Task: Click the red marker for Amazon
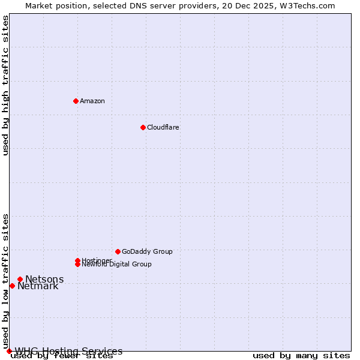76,101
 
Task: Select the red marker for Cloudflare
143,127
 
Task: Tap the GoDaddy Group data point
118,251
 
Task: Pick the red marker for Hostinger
77,260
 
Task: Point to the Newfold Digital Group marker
77,265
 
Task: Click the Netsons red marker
20,279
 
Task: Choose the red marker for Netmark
12,286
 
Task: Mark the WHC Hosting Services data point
9,351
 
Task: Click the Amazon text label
92,101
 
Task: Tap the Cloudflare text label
163,127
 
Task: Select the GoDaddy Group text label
147,251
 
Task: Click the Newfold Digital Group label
117,265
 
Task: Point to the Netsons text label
44,279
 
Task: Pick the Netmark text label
38,286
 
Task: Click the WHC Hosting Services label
68,351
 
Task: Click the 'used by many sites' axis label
301,356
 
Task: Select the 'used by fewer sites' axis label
62,356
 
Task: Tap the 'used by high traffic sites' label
5,85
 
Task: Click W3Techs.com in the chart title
305,5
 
